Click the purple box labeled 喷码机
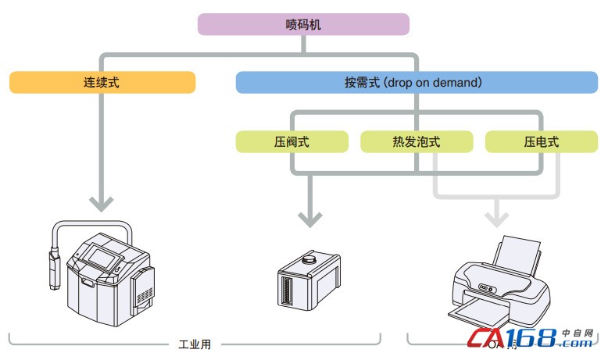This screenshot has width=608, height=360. tap(303, 24)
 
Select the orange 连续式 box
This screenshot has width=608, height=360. tap(102, 82)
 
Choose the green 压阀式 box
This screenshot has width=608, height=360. tap(291, 142)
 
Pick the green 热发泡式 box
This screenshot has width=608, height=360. tap(417, 142)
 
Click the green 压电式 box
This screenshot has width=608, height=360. tap(541, 142)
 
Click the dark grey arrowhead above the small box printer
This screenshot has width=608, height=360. tap(310, 218)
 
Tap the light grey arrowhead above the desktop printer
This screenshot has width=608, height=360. tap(495, 215)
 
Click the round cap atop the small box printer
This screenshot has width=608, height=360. tap(310, 255)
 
